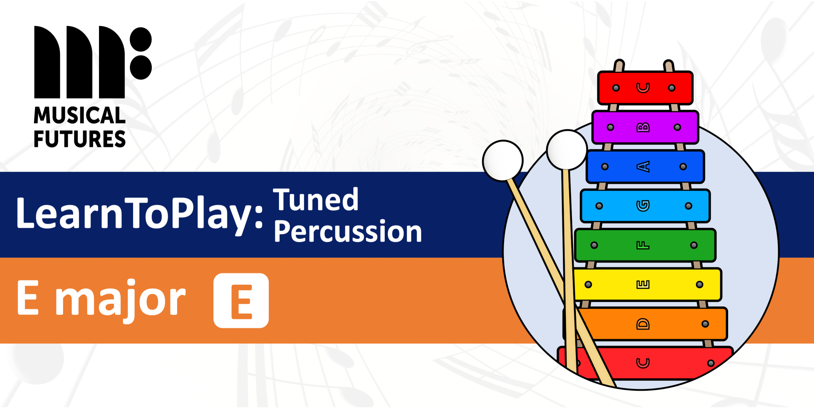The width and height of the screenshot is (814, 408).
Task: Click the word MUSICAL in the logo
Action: click(x=79, y=116)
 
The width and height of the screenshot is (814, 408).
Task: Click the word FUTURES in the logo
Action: click(x=79, y=139)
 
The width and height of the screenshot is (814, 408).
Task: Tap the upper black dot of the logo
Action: click(x=141, y=39)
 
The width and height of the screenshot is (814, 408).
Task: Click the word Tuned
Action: click(x=316, y=200)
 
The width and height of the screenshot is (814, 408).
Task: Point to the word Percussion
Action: click(x=348, y=231)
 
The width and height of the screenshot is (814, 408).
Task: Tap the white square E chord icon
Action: click(x=241, y=301)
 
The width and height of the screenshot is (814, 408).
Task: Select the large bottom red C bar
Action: click(x=676, y=363)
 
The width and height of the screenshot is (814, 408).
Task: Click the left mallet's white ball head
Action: click(x=502, y=161)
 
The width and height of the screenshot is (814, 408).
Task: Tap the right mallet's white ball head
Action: click(x=567, y=150)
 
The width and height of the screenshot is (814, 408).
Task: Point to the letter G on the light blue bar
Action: click(x=643, y=206)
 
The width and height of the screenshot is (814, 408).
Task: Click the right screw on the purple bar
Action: click(x=677, y=127)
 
